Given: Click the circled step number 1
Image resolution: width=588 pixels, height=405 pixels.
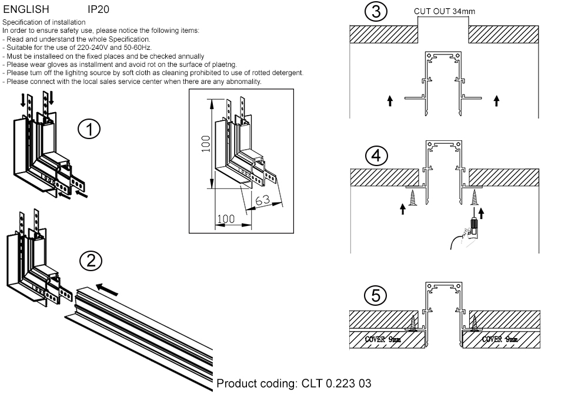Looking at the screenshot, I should (x=89, y=130).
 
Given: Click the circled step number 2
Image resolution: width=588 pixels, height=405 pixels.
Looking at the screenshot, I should (x=91, y=261).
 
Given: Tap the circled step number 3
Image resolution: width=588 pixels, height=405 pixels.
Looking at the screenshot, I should (x=376, y=12).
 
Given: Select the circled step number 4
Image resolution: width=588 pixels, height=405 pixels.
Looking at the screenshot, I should (x=376, y=156).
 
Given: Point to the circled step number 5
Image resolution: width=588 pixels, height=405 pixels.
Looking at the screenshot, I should (x=376, y=296).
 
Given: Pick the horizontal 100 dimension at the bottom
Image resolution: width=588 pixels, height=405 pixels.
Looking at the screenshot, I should (x=225, y=219).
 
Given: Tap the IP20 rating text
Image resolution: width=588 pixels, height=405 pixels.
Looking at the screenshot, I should (x=98, y=10).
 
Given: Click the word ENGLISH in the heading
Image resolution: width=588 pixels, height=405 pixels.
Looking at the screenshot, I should (x=26, y=10).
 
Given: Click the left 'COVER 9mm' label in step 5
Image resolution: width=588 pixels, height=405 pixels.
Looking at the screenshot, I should (x=383, y=339).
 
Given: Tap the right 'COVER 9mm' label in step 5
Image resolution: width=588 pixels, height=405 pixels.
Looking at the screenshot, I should (x=499, y=339).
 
